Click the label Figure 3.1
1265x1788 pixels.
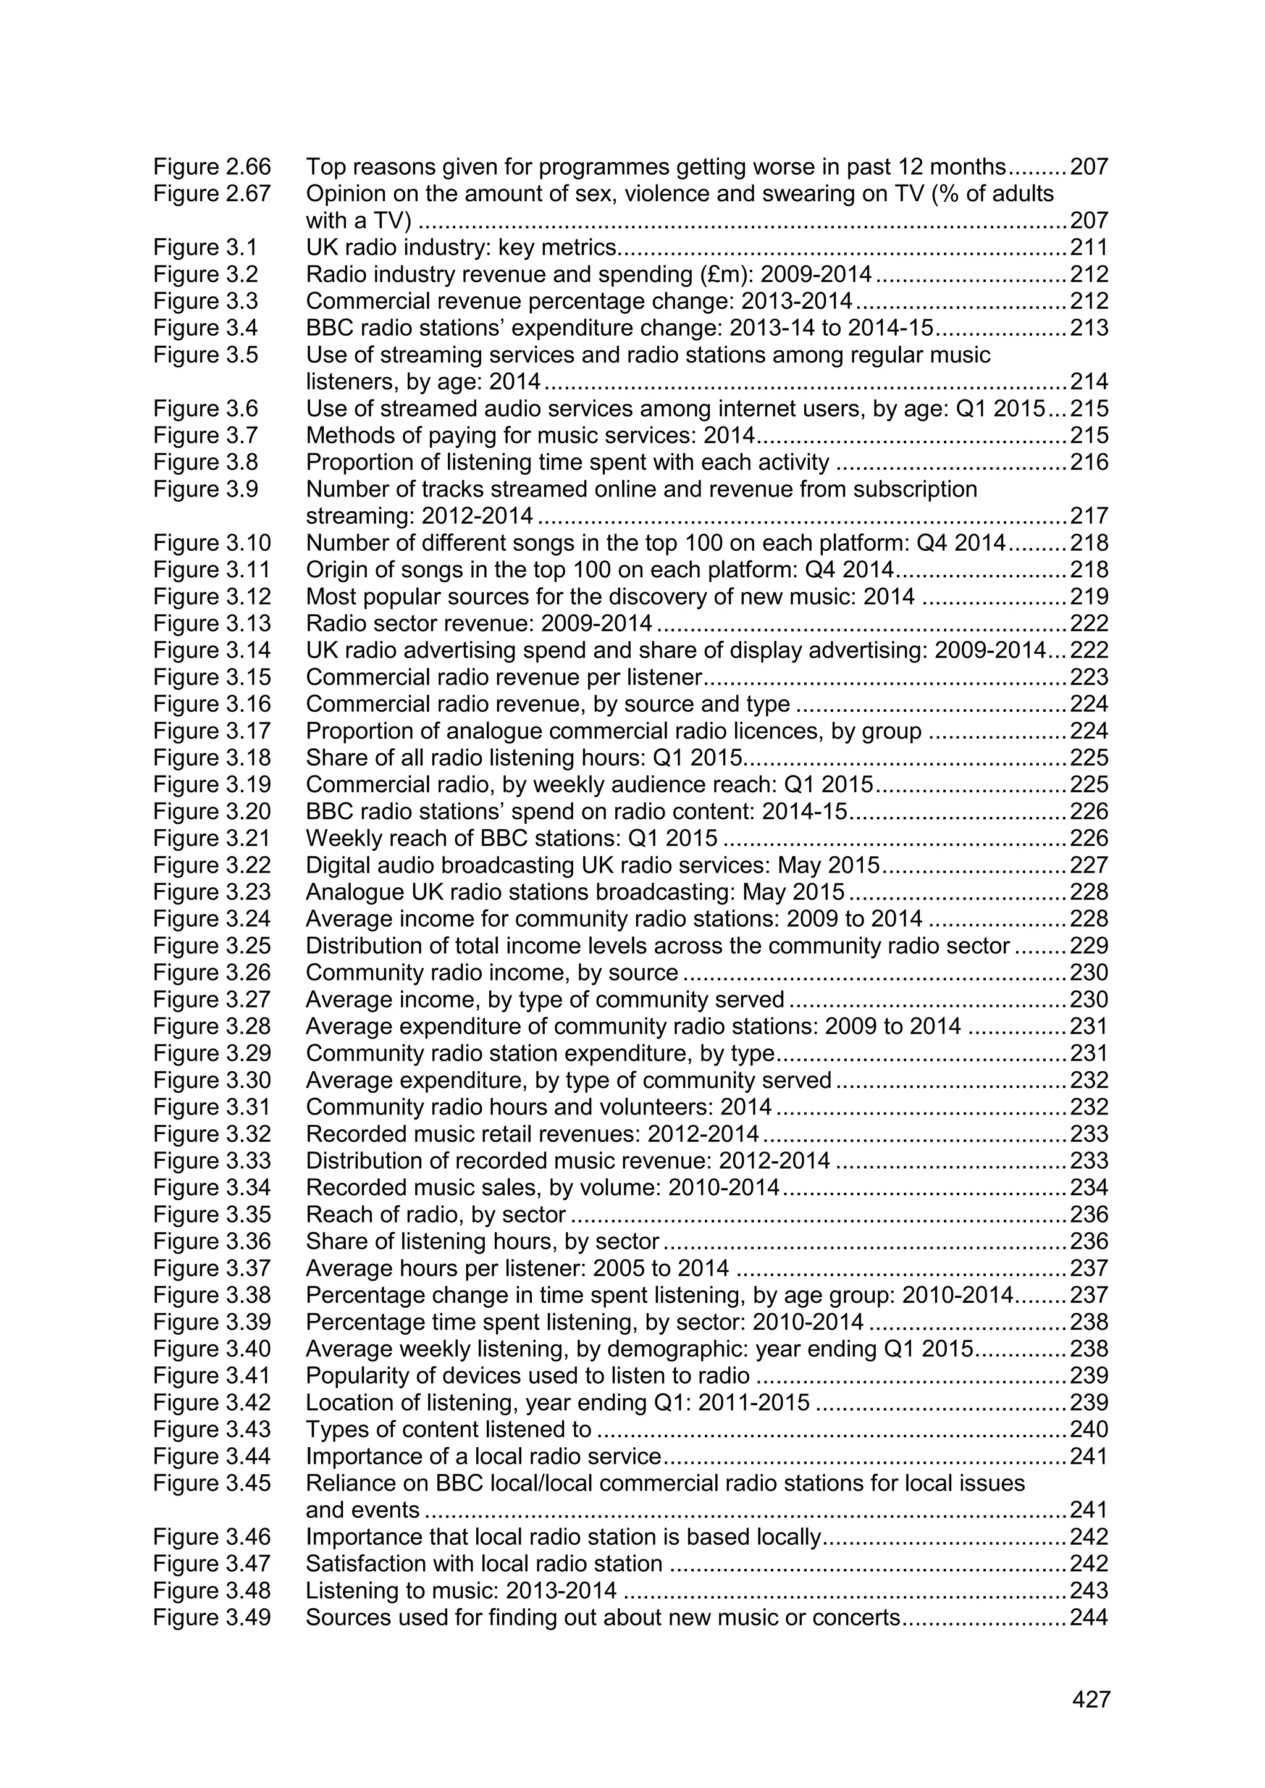pos(205,248)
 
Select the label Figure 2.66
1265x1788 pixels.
pos(212,167)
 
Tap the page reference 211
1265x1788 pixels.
pos(1088,248)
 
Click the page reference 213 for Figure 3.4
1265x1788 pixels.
pos(1088,328)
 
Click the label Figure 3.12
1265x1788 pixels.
pos(212,596)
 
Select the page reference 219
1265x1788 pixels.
pos(1088,596)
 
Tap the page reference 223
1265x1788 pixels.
pos(1088,677)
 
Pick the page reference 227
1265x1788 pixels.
pos(1088,865)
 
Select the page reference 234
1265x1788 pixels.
pos(1088,1188)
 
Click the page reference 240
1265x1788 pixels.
pos(1088,1430)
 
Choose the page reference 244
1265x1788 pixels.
pos(1088,1618)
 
